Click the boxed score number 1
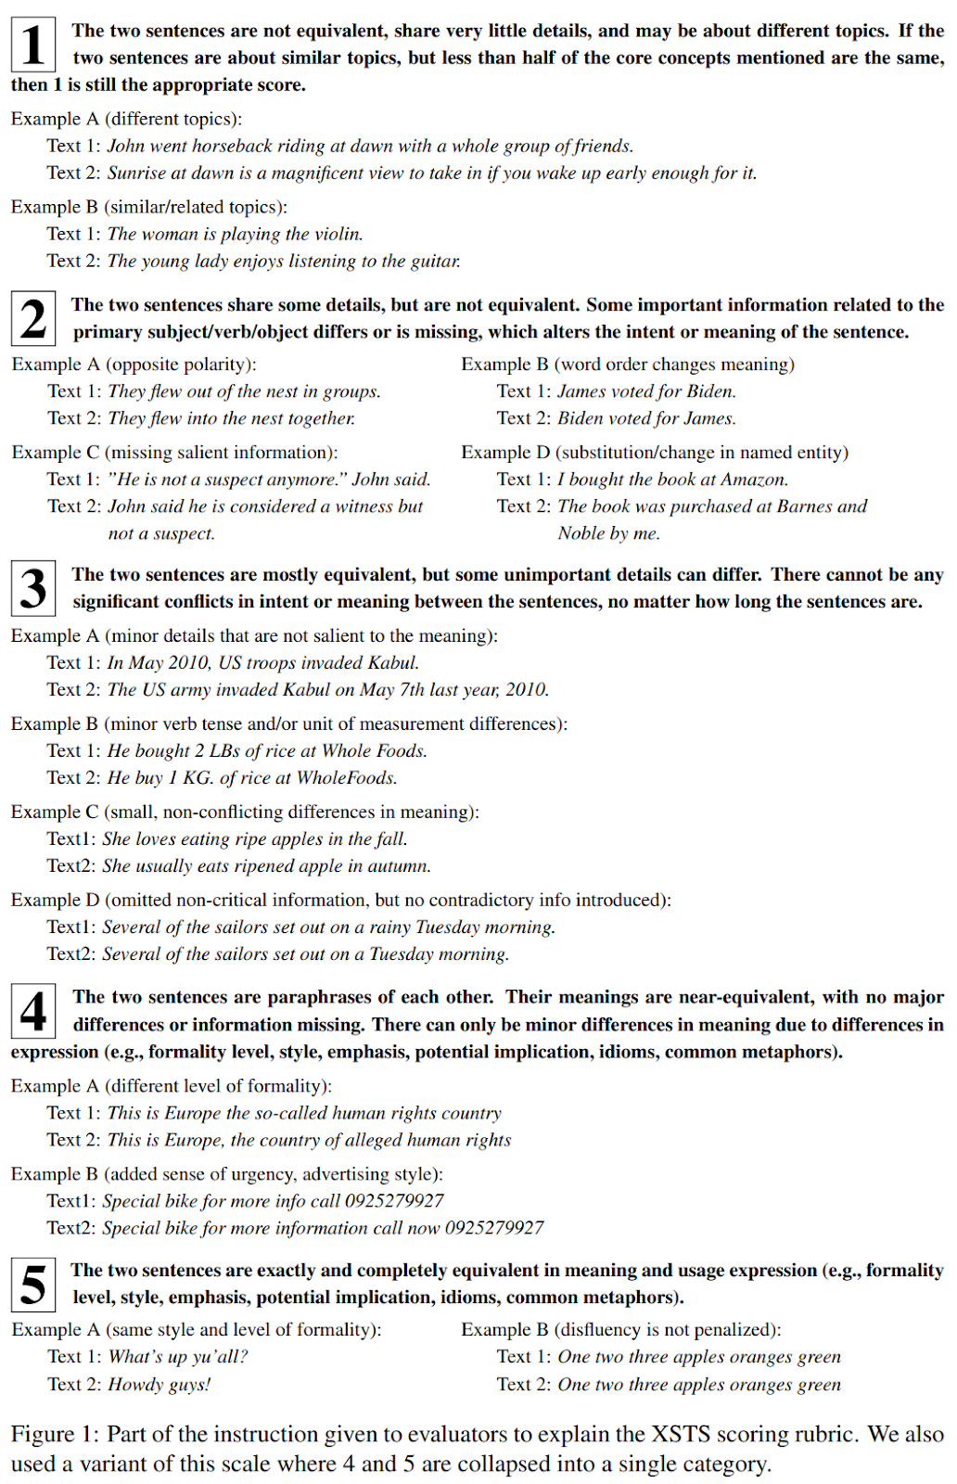point(33,45)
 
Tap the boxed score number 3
point(33,588)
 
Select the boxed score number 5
point(33,1285)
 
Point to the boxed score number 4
point(33,1011)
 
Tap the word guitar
point(435,261)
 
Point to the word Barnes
point(806,506)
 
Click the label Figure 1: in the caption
point(55,1435)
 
